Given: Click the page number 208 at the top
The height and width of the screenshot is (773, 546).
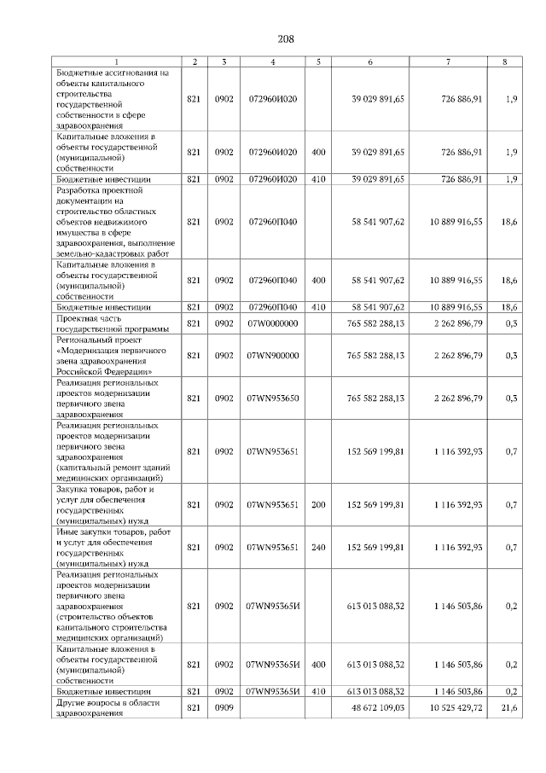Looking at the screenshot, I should coord(286,38).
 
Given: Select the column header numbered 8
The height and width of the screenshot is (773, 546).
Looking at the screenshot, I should coord(510,61).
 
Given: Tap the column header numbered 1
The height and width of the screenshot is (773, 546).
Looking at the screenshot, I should coord(116,61).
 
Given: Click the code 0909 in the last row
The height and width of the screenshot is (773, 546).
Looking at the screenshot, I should coord(224,708).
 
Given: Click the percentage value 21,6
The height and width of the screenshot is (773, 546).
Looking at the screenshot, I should coord(509,708).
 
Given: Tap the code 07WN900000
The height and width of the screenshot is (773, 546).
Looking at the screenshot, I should coord(272,356).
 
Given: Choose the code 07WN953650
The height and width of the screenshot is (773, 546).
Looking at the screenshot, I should coord(272,398).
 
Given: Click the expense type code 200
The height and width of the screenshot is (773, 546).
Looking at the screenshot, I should coord(318,505).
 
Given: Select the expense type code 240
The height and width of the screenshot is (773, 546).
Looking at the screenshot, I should coord(318,547).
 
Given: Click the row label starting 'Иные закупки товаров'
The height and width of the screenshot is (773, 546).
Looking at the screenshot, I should coord(112,547).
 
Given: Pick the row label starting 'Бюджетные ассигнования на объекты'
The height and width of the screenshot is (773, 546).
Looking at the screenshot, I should coord(113,99).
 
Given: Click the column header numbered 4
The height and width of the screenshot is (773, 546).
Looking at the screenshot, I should coord(272,61).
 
